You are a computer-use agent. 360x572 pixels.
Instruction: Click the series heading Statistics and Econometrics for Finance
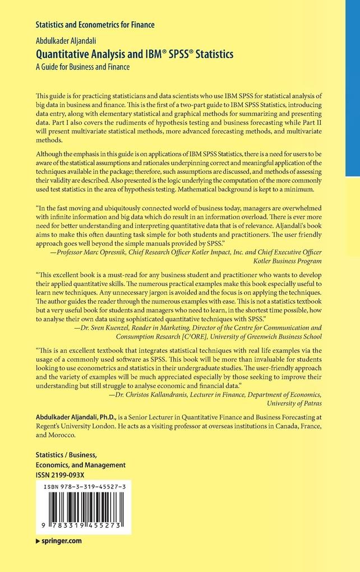[x=95, y=25]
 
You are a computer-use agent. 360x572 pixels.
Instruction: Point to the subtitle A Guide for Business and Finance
[x=82, y=67]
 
